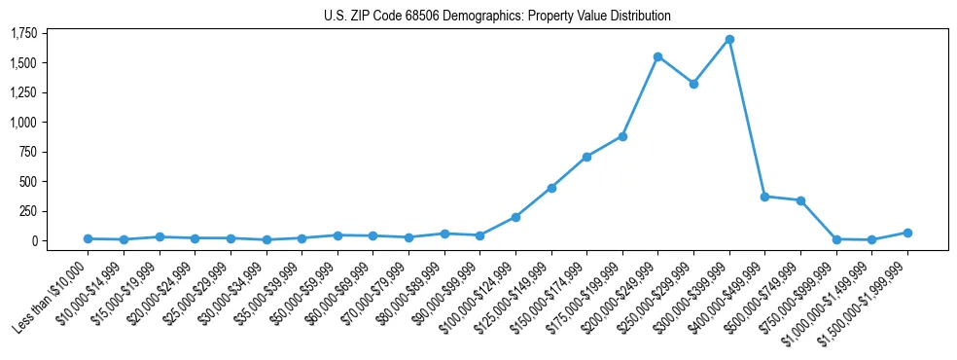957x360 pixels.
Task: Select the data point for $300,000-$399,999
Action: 729,40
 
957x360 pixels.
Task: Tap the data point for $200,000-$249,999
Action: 658,56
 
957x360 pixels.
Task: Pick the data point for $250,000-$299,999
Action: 693,84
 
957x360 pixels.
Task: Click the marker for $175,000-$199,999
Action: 622,136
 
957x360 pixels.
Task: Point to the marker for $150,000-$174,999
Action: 586,157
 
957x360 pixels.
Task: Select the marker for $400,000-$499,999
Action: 764,197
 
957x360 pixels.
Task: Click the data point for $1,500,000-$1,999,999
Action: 907,233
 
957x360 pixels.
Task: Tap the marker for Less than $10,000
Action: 88,238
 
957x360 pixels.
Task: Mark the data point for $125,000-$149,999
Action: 551,188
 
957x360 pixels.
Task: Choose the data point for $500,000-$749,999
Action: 800,200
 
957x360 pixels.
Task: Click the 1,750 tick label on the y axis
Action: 24,34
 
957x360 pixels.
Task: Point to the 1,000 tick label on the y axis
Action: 24,123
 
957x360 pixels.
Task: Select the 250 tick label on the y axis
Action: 30,211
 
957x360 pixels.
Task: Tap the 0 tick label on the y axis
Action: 36,241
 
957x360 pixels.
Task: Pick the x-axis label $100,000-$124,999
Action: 478,297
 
